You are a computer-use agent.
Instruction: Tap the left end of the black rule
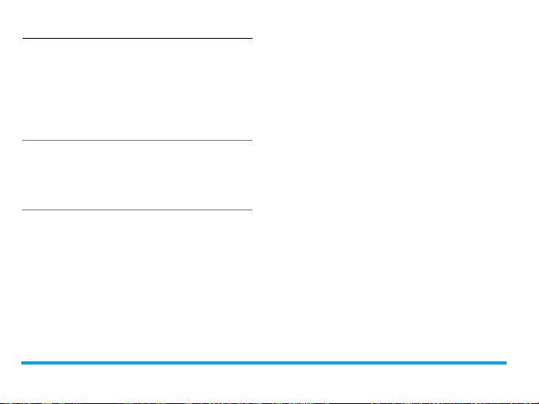[x=22, y=38]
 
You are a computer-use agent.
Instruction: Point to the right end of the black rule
[x=251, y=38]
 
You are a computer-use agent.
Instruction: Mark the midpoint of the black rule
[x=136, y=38]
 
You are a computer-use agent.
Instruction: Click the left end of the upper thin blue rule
[x=22, y=142]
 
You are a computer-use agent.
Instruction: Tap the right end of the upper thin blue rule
[x=251, y=142]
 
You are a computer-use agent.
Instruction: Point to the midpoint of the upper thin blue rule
[x=136, y=142]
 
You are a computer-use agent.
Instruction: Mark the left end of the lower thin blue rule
[x=22, y=210]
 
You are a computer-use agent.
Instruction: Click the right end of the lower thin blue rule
[x=251, y=210]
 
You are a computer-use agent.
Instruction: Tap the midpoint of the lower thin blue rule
[x=136, y=210]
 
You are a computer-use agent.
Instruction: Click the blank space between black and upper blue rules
[x=136, y=90]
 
